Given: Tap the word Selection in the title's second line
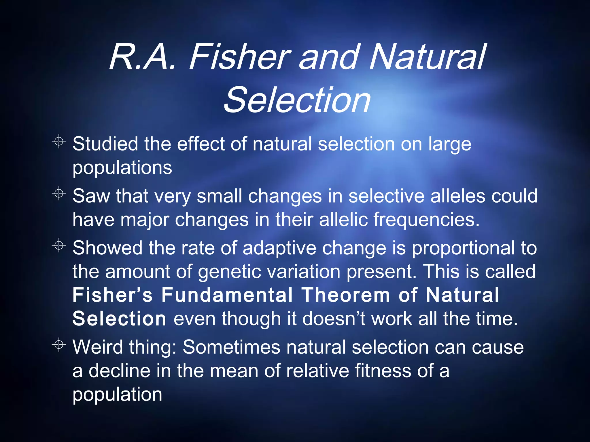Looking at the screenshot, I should pyautogui.click(x=297, y=100).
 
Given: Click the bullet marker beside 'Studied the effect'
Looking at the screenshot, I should pyautogui.click(x=59, y=142).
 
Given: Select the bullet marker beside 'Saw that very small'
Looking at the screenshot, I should pyautogui.click(x=59, y=194).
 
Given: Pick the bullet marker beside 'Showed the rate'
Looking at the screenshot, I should pyautogui.click(x=59, y=246).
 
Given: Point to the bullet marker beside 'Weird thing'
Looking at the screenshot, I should pyautogui.click(x=59, y=345).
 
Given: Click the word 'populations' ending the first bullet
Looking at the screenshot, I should pyautogui.click(x=122, y=168).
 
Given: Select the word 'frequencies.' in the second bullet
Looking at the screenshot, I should pyautogui.click(x=427, y=220).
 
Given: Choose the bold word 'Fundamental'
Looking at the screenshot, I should pyautogui.click(x=227, y=295).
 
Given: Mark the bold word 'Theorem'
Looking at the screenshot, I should pyautogui.click(x=346, y=295).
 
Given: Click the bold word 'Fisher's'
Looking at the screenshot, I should pyautogui.click(x=113, y=295).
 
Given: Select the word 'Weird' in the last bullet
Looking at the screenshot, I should pyautogui.click(x=98, y=347).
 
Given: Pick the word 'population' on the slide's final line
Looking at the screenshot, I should pyautogui.click(x=117, y=395).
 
